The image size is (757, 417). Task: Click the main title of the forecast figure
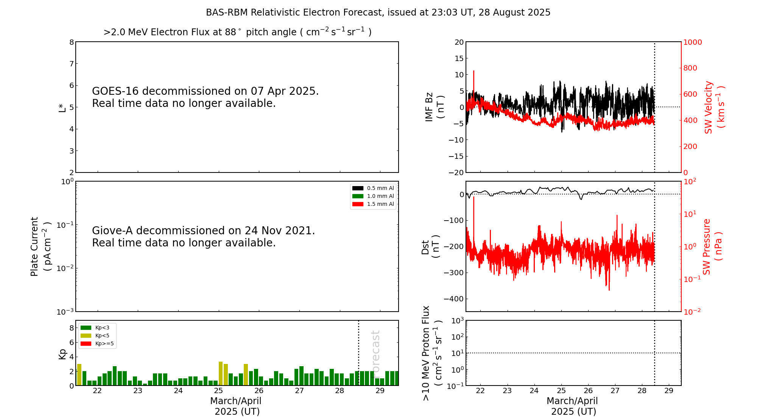[x=378, y=13]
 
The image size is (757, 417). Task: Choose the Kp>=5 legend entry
[x=97, y=344]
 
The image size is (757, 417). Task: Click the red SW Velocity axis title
[x=714, y=107]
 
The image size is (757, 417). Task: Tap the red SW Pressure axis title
[x=712, y=246]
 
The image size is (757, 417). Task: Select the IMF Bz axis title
[x=434, y=107]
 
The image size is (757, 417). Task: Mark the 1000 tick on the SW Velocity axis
[x=692, y=42]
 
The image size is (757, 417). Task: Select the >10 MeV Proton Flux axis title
[x=432, y=353]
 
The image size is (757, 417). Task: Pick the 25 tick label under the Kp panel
[x=218, y=391]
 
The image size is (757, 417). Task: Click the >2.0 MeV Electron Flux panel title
[x=237, y=32]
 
